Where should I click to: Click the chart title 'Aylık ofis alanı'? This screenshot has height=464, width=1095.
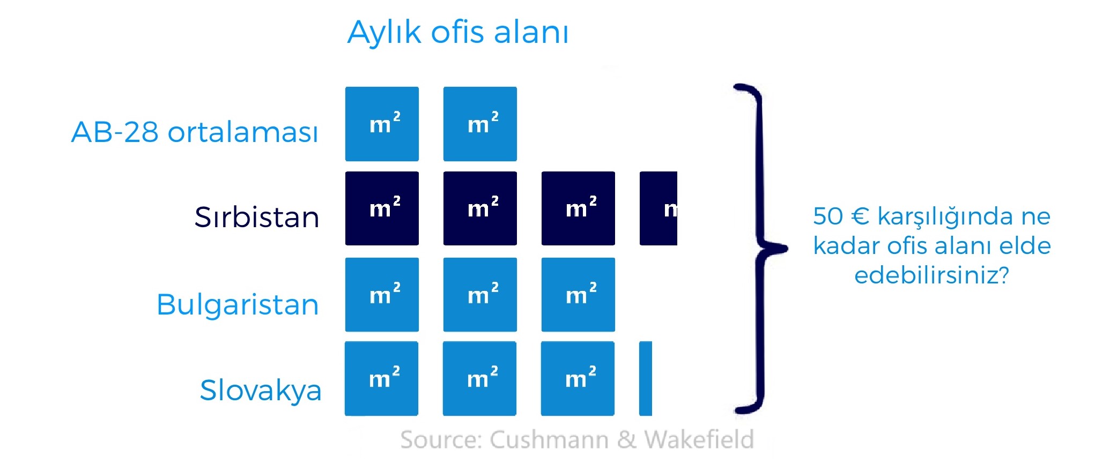[x=457, y=32]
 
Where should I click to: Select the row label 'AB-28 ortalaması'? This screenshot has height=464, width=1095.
[x=195, y=132]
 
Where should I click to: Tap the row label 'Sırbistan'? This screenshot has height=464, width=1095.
[x=256, y=217]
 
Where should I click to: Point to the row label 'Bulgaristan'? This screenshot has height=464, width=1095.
[x=238, y=304]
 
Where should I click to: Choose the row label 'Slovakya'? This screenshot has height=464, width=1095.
[x=260, y=390]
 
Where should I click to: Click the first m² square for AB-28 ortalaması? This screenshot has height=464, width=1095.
[x=382, y=124]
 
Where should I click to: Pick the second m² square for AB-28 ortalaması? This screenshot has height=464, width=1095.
[x=480, y=124]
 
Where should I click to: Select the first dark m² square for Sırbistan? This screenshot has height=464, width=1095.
[x=382, y=208]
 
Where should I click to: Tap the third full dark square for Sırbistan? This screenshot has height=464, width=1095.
[x=578, y=208]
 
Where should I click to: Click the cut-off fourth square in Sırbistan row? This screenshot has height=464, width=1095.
[x=659, y=208]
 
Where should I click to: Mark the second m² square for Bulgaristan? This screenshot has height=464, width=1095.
[x=480, y=295]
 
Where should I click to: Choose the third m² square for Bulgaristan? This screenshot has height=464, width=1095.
[x=578, y=295]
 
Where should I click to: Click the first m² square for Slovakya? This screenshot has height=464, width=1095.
[x=381, y=378]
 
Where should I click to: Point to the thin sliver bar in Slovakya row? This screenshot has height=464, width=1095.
[x=646, y=378]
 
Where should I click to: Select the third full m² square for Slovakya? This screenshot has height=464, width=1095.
[x=578, y=378]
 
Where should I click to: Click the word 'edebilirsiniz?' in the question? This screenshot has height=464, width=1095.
[x=931, y=275]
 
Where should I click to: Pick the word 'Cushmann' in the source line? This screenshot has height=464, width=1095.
[x=549, y=440]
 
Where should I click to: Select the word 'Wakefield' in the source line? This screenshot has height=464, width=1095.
[x=699, y=440]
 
